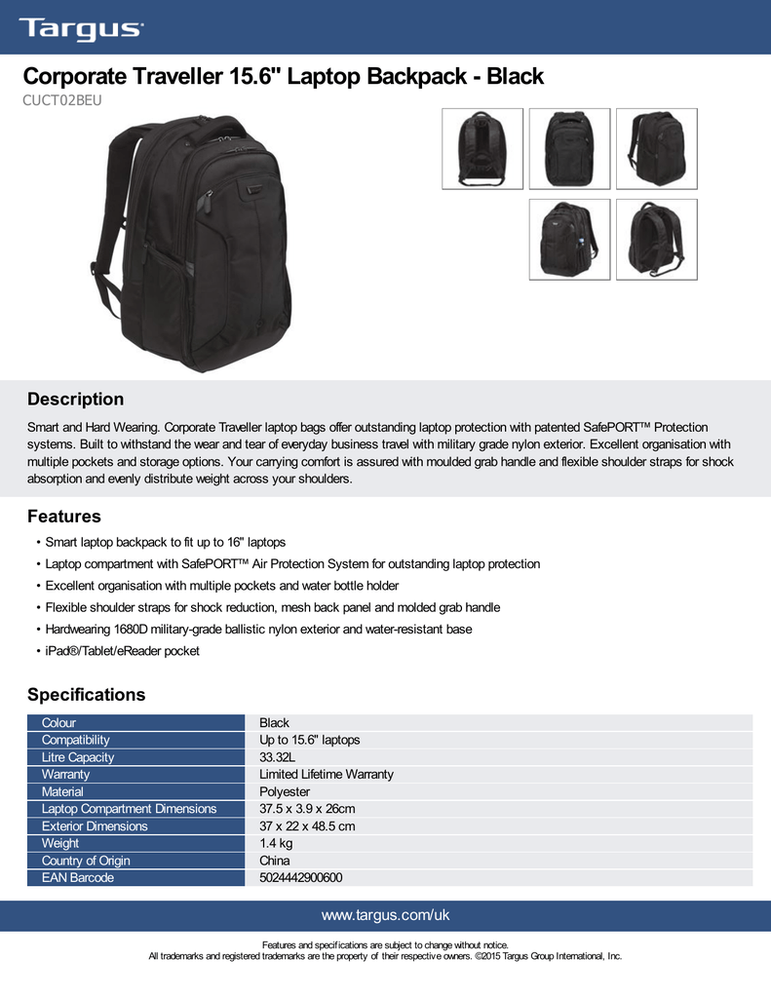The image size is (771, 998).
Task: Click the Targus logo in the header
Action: pyautogui.click(x=80, y=28)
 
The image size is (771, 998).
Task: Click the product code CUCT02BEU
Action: pyautogui.click(x=63, y=99)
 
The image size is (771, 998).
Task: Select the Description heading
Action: pyautogui.click(x=75, y=399)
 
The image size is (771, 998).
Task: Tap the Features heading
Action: pyautogui.click(x=63, y=516)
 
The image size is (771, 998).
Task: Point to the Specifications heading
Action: pyautogui.click(x=86, y=695)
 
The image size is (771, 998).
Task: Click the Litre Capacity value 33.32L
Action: pyautogui.click(x=278, y=757)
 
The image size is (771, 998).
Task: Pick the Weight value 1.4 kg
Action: pyautogui.click(x=276, y=843)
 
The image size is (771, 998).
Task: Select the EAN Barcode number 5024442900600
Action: pyautogui.click(x=300, y=878)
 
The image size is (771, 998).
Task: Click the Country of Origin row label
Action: pyautogui.click(x=86, y=861)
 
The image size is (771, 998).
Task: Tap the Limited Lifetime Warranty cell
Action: pyautogui.click(x=326, y=774)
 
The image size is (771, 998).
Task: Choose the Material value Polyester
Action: pyautogui.click(x=285, y=791)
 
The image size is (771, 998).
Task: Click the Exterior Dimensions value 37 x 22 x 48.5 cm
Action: pyautogui.click(x=307, y=826)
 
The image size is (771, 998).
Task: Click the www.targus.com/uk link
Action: pyautogui.click(x=385, y=915)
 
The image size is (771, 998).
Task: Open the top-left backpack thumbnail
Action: pyautogui.click(x=482, y=148)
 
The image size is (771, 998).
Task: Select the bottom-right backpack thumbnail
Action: pyautogui.click(x=657, y=240)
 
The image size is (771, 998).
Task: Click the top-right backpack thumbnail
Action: pyautogui.click(x=657, y=148)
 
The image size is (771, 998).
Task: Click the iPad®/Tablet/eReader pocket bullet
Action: pyautogui.click(x=122, y=650)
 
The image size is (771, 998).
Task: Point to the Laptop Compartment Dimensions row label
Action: pyautogui.click(x=129, y=809)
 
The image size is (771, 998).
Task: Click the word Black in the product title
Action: pyautogui.click(x=515, y=76)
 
